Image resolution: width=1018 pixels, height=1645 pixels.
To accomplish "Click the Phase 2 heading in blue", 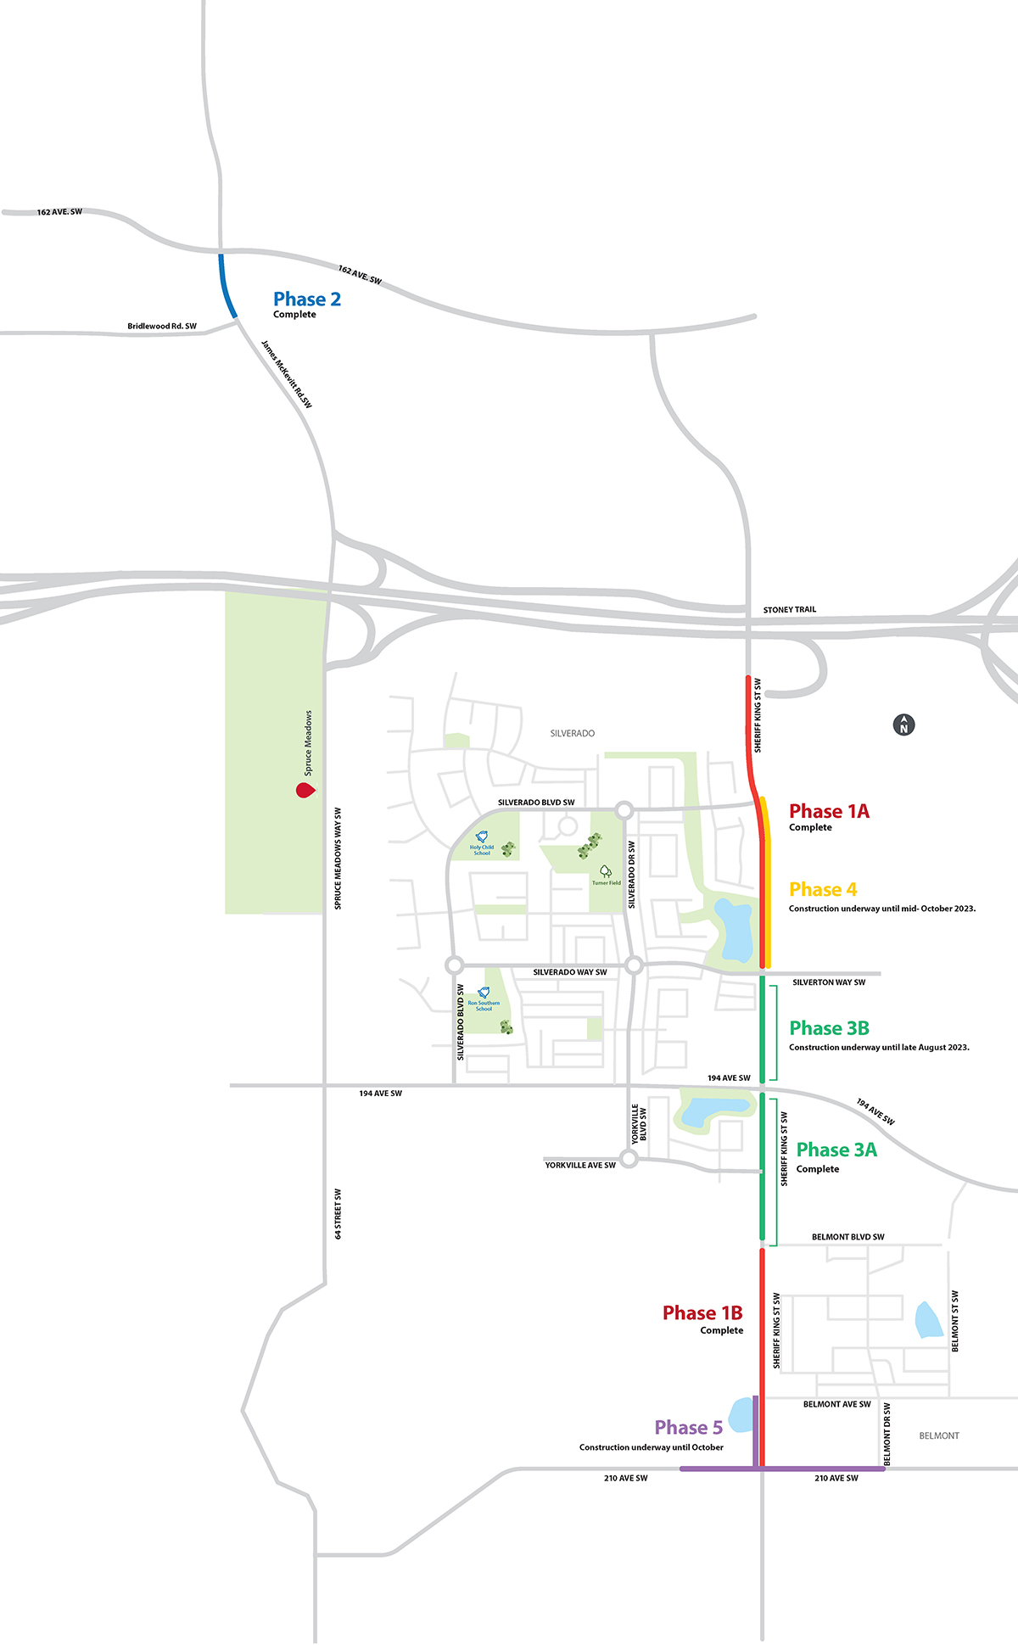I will point(307,299).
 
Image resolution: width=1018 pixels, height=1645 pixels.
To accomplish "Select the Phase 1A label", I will point(829,812).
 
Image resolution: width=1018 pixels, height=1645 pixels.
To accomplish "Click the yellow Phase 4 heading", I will point(823,890).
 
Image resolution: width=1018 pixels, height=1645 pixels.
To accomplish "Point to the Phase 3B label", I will point(829,1029).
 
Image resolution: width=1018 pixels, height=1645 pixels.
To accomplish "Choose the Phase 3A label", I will point(836,1150).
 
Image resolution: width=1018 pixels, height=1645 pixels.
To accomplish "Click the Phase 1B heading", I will point(702,1313).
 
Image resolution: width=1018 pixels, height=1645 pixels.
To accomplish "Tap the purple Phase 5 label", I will point(688,1428).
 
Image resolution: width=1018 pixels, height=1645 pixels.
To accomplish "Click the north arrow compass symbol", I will point(903,725).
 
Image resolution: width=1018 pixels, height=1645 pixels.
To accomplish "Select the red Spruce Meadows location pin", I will point(305,791).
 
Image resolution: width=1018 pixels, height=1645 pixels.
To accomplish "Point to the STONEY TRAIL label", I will point(789,610).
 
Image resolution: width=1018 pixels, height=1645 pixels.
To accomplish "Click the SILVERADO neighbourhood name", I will point(573,733).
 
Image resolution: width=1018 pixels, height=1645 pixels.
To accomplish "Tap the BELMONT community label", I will point(939,1435).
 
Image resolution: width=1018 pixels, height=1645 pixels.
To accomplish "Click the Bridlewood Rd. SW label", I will point(162,327).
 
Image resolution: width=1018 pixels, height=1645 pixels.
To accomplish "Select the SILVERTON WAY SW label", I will point(829,982).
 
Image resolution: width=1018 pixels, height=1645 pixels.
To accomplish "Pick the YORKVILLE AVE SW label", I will point(580,1166).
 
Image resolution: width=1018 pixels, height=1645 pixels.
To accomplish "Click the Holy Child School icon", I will point(482,837).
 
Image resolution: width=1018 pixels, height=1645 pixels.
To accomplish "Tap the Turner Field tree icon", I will point(606,871).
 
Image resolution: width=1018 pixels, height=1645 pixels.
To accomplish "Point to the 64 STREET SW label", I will point(338,1214).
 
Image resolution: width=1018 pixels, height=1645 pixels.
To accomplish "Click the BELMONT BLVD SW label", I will point(847,1237).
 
